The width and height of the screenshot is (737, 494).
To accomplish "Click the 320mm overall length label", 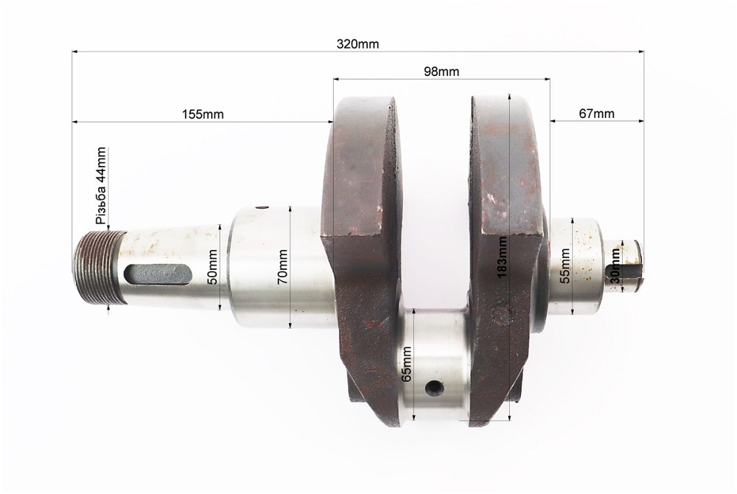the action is point(357,44).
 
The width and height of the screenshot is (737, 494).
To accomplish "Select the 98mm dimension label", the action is point(441,72).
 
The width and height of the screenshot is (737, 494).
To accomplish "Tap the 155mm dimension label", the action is point(203,114).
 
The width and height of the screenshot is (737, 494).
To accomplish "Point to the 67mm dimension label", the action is point(596,114).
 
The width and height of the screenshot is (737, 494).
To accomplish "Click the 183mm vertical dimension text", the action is point(502,257).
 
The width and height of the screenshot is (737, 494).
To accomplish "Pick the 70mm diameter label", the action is point(282,267).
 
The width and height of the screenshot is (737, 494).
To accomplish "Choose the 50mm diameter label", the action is point(212,267).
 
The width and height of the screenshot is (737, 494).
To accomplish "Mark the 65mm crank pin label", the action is point(407,363).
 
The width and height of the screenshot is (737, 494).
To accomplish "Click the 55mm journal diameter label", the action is point(565,266).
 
